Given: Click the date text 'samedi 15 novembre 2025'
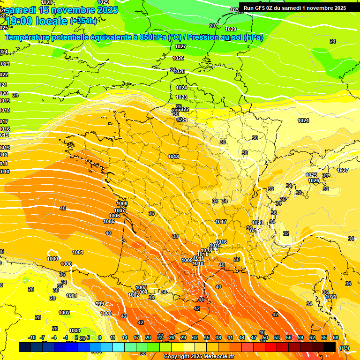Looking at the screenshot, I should (x=61, y=9).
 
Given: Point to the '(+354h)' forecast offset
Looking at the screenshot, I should (x=83, y=21).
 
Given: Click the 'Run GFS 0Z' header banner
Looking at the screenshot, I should (x=295, y=7).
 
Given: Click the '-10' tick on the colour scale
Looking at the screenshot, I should (x=32, y=337).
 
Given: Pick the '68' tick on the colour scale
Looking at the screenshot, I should (x=336, y=337).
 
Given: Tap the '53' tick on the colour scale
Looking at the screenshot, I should (x=277, y=337).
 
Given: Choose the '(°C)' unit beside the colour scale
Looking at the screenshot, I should (x=345, y=347).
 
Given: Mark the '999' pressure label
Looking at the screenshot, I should (x=100, y=304).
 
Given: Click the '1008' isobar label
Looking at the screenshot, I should (x=122, y=203).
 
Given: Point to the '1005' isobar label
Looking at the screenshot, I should (x=109, y=221).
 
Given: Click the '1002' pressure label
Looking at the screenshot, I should (x=64, y=313).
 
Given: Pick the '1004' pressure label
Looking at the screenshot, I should (x=142, y=292).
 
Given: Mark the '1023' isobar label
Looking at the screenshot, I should (x=181, y=97).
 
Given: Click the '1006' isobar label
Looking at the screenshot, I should (x=114, y=216).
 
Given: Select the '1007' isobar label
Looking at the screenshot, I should (x=120, y=210).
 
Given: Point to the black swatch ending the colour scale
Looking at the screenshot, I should (x=330, y=347).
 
